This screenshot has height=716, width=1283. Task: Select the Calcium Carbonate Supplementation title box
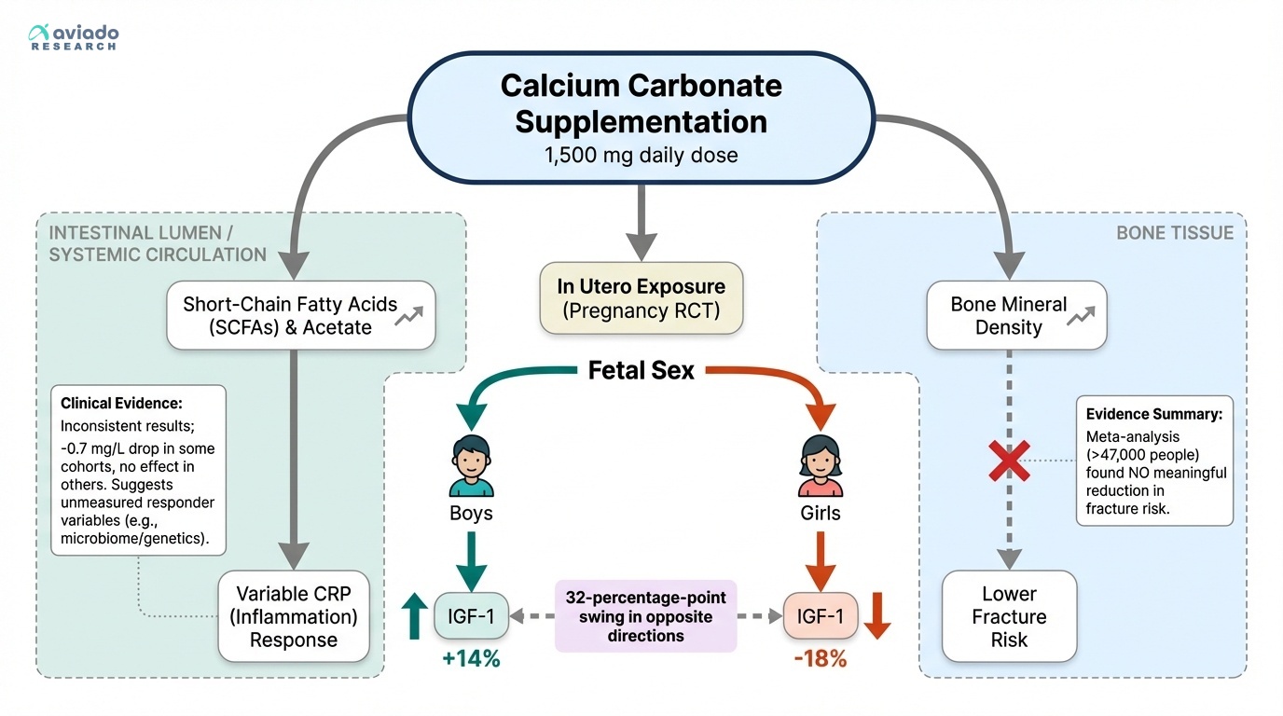[641, 117]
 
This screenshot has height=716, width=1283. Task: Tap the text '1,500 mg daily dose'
[641, 155]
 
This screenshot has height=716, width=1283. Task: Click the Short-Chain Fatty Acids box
[300, 316]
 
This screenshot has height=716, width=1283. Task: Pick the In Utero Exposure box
[641, 298]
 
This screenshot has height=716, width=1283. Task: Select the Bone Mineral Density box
[1015, 316]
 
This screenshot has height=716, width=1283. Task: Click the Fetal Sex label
[641, 371]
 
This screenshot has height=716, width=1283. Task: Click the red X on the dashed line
[1009, 461]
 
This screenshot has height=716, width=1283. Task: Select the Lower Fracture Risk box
[1009, 616]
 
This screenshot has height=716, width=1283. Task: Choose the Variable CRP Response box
[294, 616]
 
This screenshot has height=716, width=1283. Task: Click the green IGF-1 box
[471, 616]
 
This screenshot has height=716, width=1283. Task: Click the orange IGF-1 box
[820, 616]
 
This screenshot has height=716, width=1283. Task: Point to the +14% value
[471, 659]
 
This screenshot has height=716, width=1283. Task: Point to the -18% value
[820, 659]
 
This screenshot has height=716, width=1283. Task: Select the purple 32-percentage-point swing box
[645, 616]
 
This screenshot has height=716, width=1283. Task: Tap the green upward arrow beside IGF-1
[411, 616]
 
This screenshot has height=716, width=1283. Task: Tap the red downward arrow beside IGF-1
[875, 616]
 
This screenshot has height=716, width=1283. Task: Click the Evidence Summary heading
[1153, 414]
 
